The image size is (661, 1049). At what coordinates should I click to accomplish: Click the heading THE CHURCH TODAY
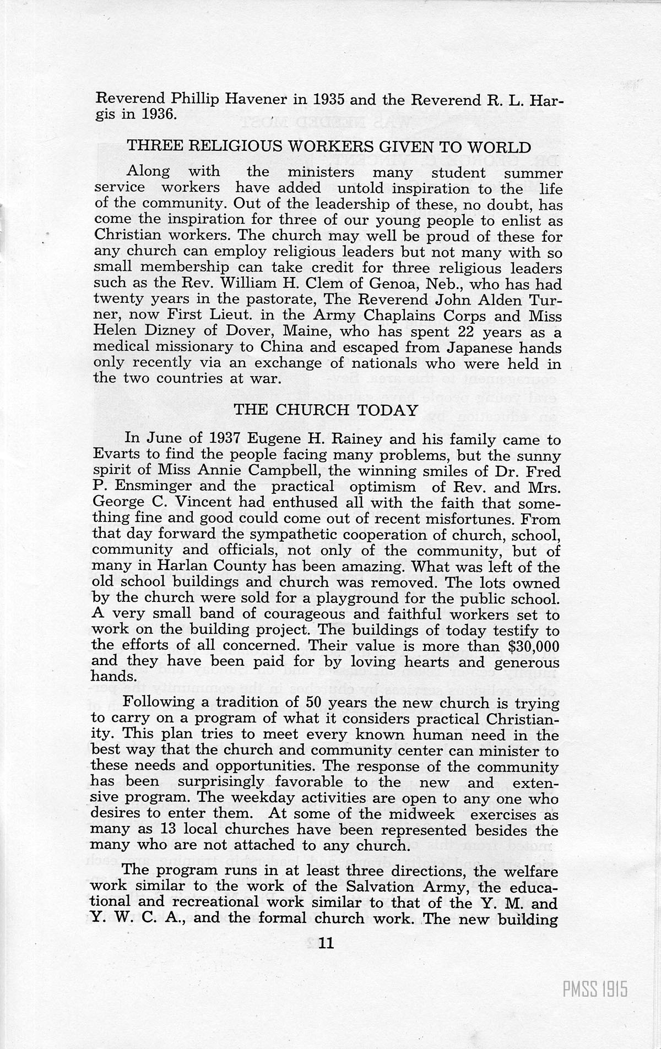click(x=327, y=410)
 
